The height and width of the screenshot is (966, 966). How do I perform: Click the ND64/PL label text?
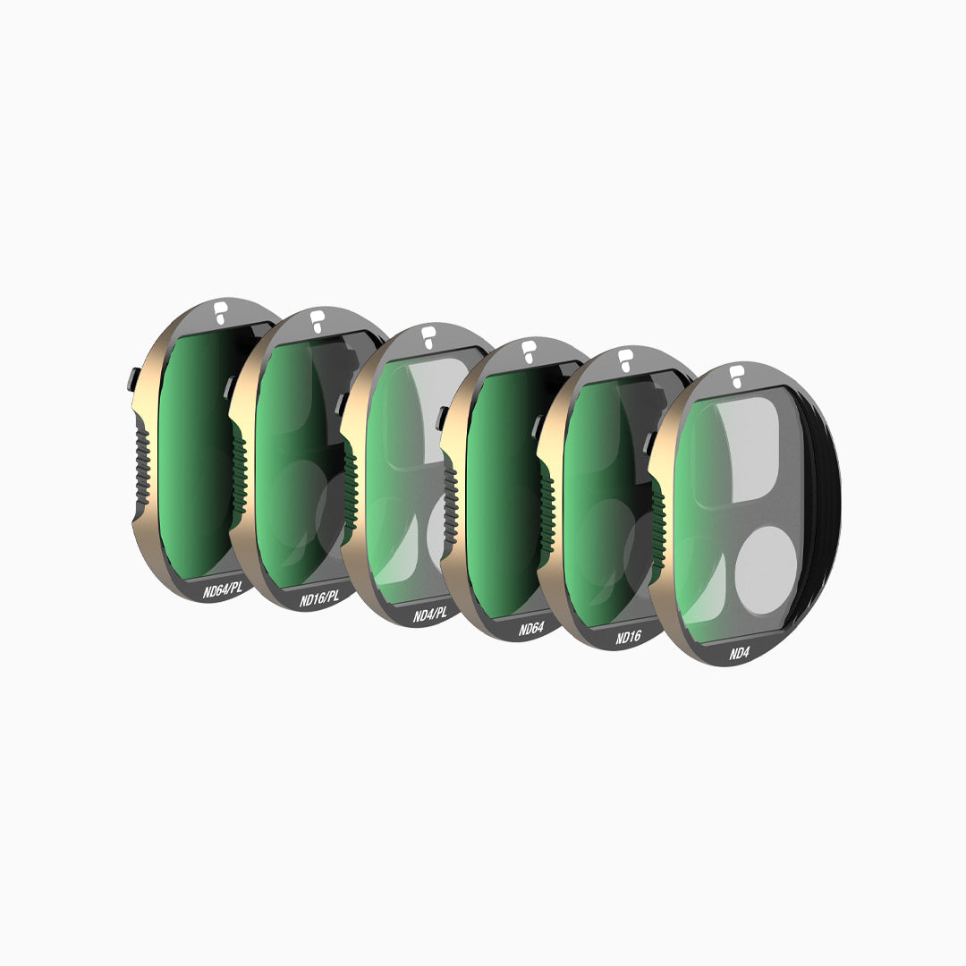(x=223, y=589)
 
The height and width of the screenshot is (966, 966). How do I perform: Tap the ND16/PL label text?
(x=319, y=597)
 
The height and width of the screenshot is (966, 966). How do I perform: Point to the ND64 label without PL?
(x=530, y=629)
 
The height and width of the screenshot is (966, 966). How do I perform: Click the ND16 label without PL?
(x=628, y=637)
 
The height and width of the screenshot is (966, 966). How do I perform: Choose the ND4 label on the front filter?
(x=739, y=653)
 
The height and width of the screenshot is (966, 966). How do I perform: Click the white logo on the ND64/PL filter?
(x=219, y=312)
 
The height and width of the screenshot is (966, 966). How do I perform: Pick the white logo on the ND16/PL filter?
(x=317, y=321)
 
